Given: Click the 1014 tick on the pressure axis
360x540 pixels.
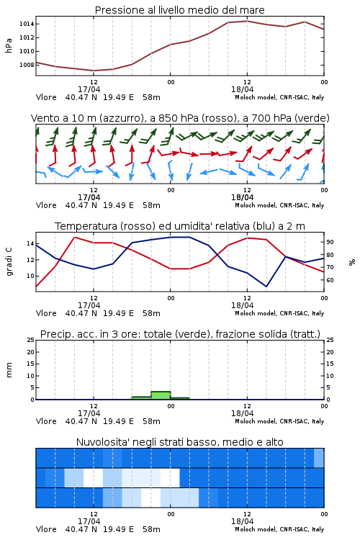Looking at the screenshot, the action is (27, 24).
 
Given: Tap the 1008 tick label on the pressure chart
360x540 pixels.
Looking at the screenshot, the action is (27, 65).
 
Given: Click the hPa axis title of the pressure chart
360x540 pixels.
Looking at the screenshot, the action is (9, 45).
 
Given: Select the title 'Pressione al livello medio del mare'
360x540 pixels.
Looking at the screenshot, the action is (180, 10).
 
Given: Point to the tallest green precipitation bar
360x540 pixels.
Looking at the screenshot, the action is (161, 395).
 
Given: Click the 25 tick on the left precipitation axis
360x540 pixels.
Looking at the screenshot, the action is (31, 340).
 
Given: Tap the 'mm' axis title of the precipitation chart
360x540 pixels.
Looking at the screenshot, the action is (9, 370).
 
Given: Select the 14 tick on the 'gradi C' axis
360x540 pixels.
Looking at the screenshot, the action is (31, 243).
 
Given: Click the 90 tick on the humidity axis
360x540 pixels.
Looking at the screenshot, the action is (330, 242).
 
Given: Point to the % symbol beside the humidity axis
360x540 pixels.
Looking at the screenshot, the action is (352, 262).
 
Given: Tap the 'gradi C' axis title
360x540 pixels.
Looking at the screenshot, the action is (9, 262).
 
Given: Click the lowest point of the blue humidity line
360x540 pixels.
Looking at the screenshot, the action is (266, 286).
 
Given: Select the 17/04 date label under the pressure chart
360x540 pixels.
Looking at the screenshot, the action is (89, 89).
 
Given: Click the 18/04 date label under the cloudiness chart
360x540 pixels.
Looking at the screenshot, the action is (242, 521).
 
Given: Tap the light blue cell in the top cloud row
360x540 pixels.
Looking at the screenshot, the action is (319, 458).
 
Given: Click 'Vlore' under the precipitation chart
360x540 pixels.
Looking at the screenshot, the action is (46, 421).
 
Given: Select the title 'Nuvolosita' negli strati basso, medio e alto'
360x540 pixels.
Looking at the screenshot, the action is (180, 442).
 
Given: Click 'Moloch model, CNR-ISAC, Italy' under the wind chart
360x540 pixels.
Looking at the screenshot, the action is (279, 205).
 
